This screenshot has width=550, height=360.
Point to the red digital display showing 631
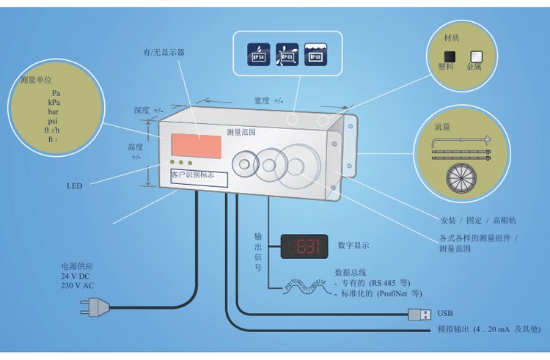click(x=304, y=246)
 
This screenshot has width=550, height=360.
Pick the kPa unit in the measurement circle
click(x=54, y=103)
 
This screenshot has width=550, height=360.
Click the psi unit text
click(x=53, y=121)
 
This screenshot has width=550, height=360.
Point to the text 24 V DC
click(x=76, y=276)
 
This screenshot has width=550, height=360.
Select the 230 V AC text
click(x=78, y=285)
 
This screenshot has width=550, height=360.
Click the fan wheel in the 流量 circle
click(x=463, y=179)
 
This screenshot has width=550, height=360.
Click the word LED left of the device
click(x=75, y=186)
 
